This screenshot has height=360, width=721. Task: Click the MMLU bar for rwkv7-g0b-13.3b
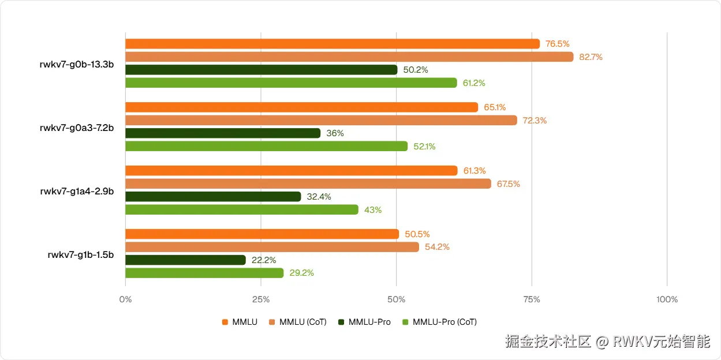(x=332, y=44)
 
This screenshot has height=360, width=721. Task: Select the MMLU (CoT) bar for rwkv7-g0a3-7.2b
(x=320, y=120)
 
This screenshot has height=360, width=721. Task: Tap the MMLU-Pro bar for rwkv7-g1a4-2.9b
(x=213, y=197)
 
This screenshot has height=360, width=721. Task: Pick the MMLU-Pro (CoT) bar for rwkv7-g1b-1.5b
(x=204, y=273)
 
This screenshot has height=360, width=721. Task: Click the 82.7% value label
(x=591, y=57)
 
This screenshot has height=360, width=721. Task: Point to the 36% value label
(x=335, y=133)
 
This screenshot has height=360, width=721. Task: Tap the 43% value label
(x=373, y=210)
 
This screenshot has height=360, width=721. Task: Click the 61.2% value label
(x=474, y=83)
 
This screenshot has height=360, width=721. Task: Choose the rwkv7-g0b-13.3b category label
(x=76, y=64)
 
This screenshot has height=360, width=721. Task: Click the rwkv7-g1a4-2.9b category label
(x=76, y=191)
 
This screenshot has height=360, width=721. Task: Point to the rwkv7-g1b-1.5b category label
(x=80, y=254)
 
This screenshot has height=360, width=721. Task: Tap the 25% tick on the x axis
(x=261, y=300)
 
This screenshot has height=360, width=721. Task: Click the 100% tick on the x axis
(x=667, y=300)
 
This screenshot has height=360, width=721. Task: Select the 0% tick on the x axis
(x=125, y=300)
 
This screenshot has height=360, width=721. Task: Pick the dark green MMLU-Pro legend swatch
(x=342, y=322)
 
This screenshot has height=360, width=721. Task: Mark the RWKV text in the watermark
(x=632, y=342)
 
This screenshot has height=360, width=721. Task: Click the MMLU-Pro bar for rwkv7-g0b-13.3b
(x=261, y=70)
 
